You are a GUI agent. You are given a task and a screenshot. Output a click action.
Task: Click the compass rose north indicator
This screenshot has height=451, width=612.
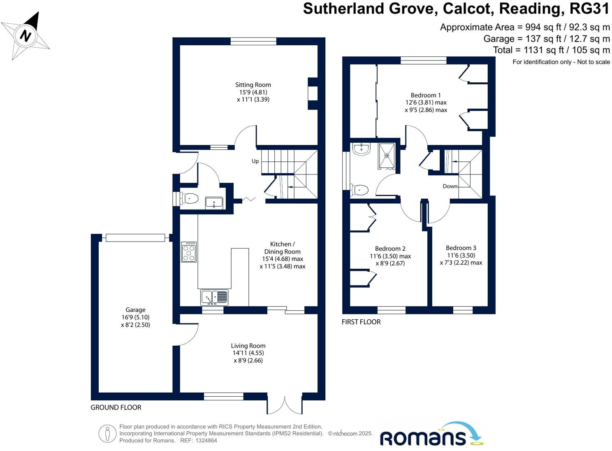26,36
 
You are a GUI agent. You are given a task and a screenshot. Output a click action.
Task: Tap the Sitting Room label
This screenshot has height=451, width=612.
253,85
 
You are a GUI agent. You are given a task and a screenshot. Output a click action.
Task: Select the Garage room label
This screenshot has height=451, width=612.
135,310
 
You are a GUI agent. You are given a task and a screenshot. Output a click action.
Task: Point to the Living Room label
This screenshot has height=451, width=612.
248,346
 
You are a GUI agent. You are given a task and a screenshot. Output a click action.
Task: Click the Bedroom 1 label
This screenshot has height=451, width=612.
426,95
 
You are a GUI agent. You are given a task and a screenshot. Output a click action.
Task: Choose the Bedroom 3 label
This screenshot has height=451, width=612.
461,248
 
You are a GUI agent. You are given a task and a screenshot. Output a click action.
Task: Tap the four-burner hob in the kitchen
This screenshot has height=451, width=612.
189,252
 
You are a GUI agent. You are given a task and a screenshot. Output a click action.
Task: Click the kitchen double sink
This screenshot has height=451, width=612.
214,297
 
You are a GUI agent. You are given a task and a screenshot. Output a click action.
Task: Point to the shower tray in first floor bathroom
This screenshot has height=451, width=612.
387,156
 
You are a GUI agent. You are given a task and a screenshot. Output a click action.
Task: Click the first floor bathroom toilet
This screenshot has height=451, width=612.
359,190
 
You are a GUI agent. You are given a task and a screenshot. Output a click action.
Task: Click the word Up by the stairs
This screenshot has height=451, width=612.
255,161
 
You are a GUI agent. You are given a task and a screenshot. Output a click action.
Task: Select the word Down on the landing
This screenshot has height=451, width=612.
450,186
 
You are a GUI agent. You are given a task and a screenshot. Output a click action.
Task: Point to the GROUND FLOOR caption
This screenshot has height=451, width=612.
116,407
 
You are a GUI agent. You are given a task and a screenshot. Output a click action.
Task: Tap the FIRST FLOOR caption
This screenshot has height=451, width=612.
361,322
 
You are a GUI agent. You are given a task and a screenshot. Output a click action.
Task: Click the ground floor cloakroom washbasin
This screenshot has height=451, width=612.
214,202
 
